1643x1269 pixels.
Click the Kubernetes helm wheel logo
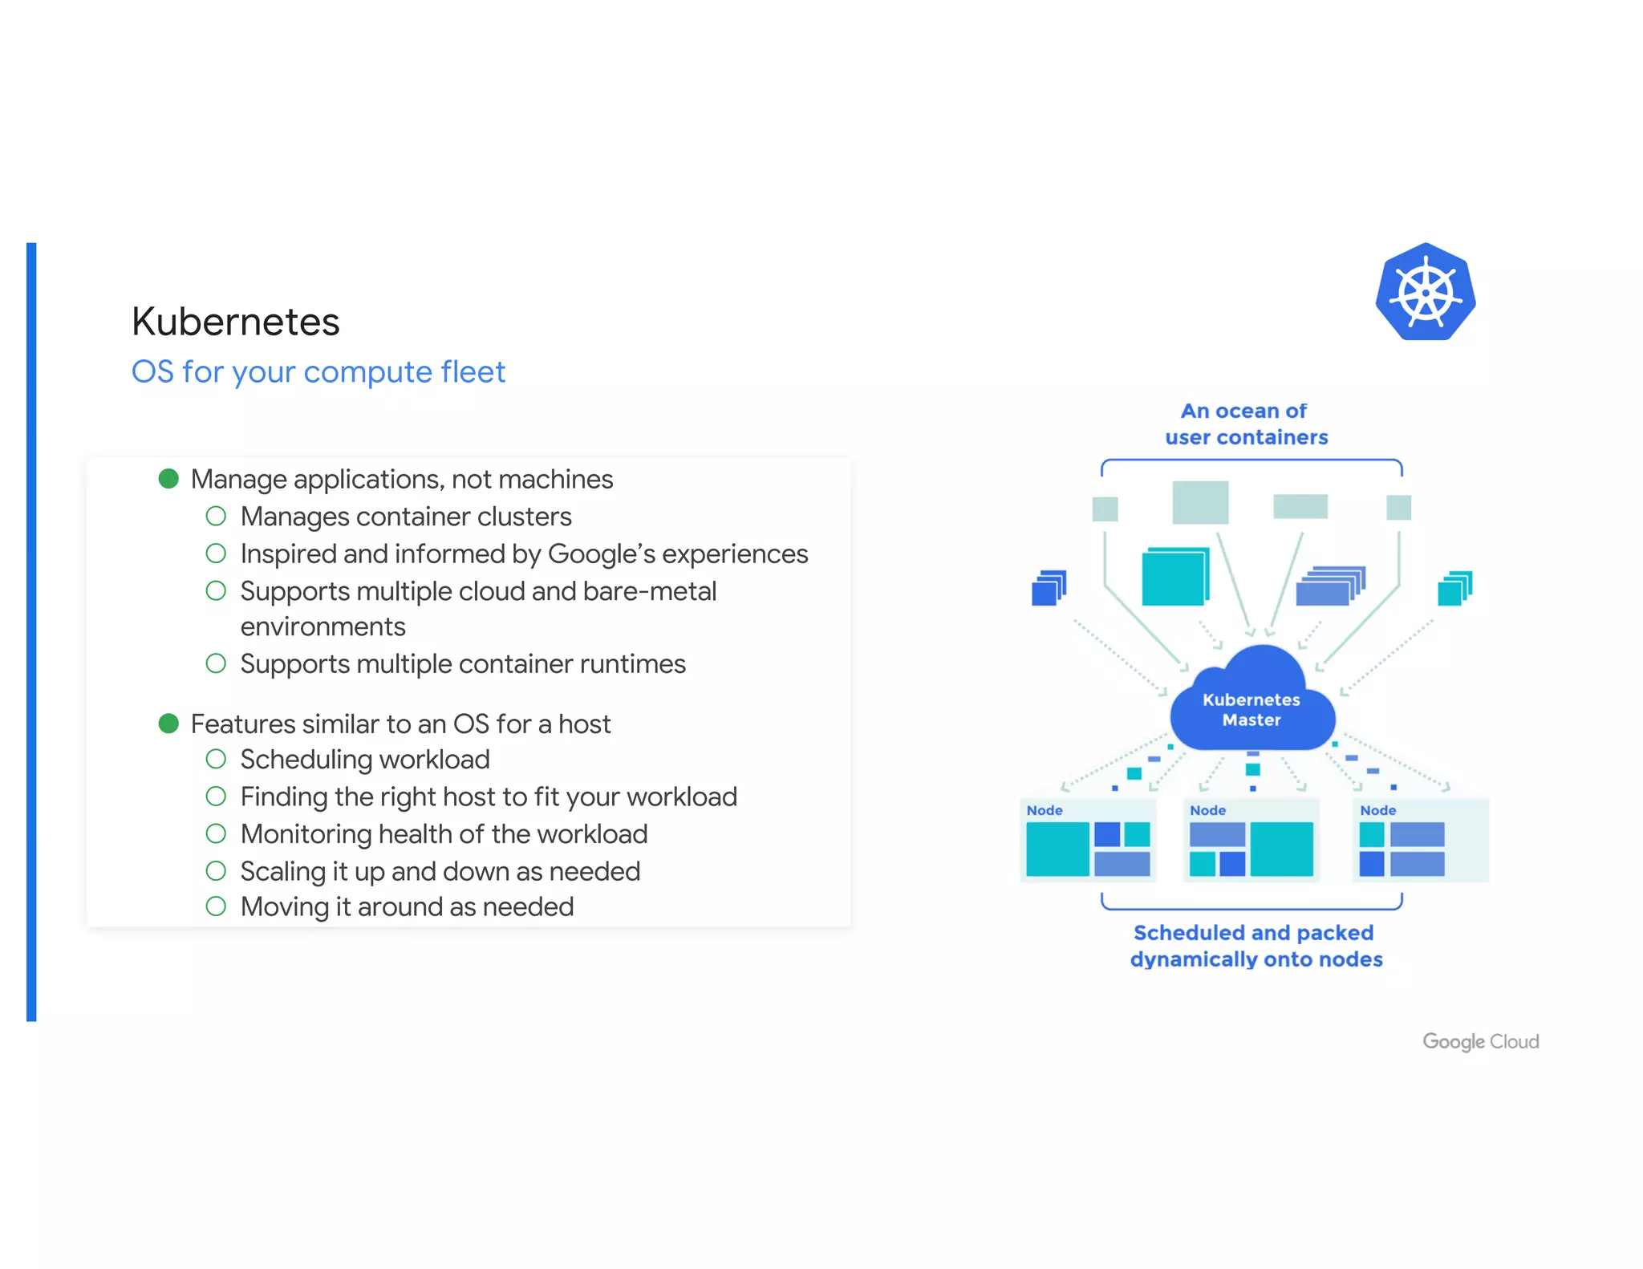(1426, 292)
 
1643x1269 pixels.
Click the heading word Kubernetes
(236, 322)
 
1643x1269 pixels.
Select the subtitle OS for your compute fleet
(318, 372)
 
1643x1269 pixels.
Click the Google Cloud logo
(1480, 1041)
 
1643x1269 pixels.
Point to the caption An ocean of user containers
(1246, 424)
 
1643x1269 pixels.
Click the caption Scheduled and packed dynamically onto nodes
(1256, 946)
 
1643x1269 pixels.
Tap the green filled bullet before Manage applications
(168, 479)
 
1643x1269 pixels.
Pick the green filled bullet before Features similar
(168, 724)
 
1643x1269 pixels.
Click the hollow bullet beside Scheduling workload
(216, 759)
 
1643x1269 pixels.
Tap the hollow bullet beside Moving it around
(216, 906)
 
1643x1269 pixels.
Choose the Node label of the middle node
(1207, 810)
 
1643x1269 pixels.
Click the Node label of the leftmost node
(1045, 810)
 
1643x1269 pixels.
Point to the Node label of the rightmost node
(1377, 810)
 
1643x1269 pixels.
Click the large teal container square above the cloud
(1174, 577)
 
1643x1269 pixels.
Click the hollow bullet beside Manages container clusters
(216, 516)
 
